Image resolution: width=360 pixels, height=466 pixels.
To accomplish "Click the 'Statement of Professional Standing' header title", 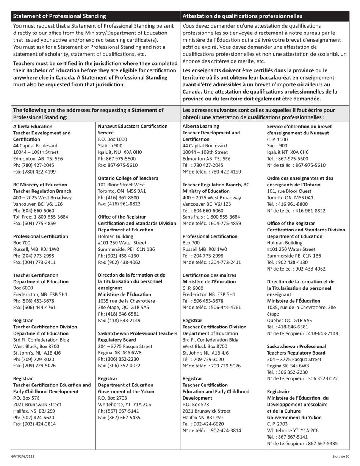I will [59, 16].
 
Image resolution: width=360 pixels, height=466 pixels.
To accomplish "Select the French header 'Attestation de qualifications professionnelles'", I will [242, 16].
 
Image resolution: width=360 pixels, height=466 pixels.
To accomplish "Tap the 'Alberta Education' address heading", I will [33, 126].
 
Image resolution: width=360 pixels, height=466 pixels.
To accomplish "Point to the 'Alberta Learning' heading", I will [200, 126].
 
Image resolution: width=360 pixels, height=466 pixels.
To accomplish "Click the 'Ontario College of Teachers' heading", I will [128, 178].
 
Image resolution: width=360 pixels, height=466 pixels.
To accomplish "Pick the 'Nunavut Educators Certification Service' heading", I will [133, 130].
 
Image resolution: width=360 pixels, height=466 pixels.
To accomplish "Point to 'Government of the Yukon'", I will [127, 391].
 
